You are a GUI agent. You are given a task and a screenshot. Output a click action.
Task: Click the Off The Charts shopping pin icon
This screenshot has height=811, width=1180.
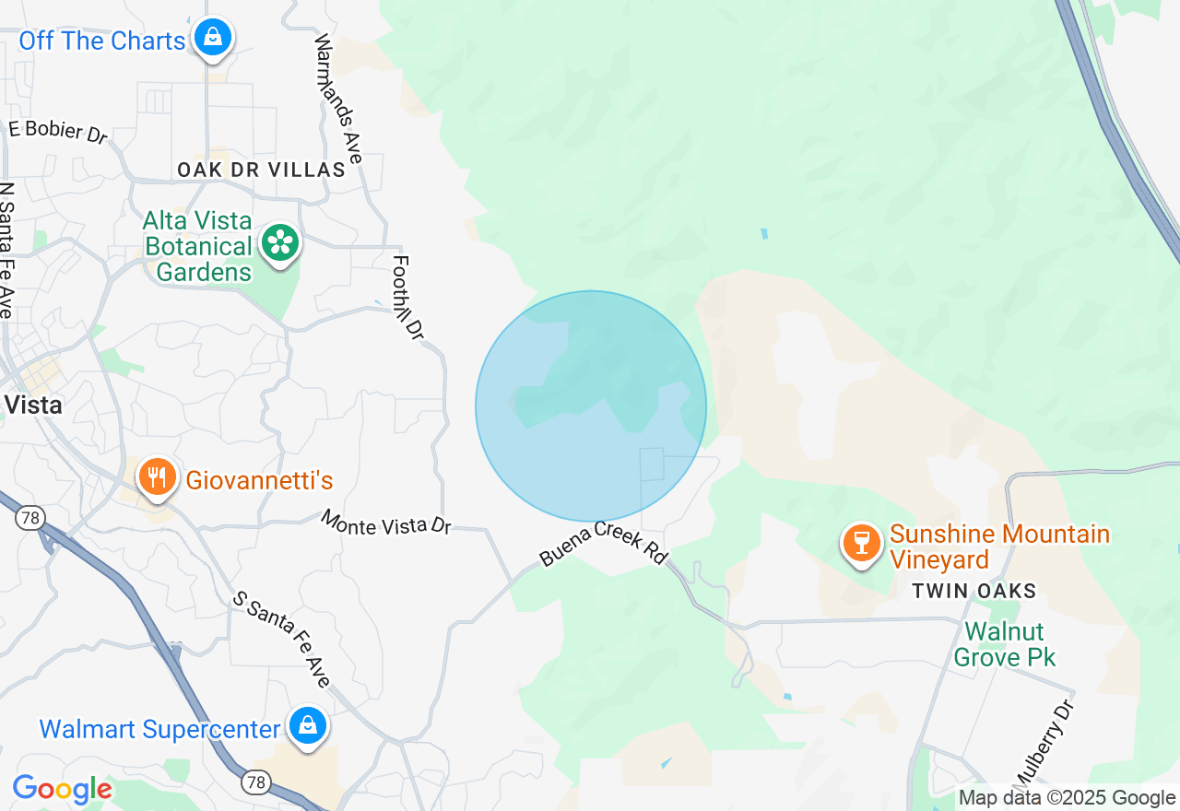pos(213,38)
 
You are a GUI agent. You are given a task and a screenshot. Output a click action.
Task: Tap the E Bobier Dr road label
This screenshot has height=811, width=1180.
pos(57,131)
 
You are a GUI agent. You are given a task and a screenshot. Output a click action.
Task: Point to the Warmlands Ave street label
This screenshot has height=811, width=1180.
pos(338,99)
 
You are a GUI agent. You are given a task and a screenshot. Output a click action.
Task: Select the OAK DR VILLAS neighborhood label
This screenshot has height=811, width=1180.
pos(262,170)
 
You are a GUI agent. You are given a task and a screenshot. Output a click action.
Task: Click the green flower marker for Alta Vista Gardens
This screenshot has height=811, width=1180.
pos(280,243)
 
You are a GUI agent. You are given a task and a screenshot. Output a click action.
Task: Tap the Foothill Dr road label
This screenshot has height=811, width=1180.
pos(407,297)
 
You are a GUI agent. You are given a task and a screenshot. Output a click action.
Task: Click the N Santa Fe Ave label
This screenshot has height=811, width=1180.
pos(7,250)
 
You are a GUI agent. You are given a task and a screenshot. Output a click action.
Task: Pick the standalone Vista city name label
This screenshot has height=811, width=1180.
pos(33,405)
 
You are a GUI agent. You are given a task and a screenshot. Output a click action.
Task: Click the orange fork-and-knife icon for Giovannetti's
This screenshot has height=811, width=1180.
pos(158,477)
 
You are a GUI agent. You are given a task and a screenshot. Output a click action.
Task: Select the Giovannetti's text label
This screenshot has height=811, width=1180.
pos(259,480)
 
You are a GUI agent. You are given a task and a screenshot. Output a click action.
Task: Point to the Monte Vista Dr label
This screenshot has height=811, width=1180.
pos(386,523)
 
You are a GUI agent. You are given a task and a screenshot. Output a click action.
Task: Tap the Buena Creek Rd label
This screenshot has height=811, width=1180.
pos(603,543)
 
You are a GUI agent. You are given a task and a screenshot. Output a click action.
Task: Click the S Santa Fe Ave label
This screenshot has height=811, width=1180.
pos(281,640)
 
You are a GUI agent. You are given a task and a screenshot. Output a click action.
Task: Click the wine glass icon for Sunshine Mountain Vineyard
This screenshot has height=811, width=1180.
pos(862,543)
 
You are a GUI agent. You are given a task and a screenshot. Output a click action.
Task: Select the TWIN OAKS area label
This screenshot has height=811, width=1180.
pos(974,592)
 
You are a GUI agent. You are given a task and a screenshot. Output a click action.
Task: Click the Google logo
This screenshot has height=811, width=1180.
pos(62,790)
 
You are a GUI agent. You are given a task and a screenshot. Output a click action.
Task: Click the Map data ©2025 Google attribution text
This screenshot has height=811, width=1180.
pos(1067,798)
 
